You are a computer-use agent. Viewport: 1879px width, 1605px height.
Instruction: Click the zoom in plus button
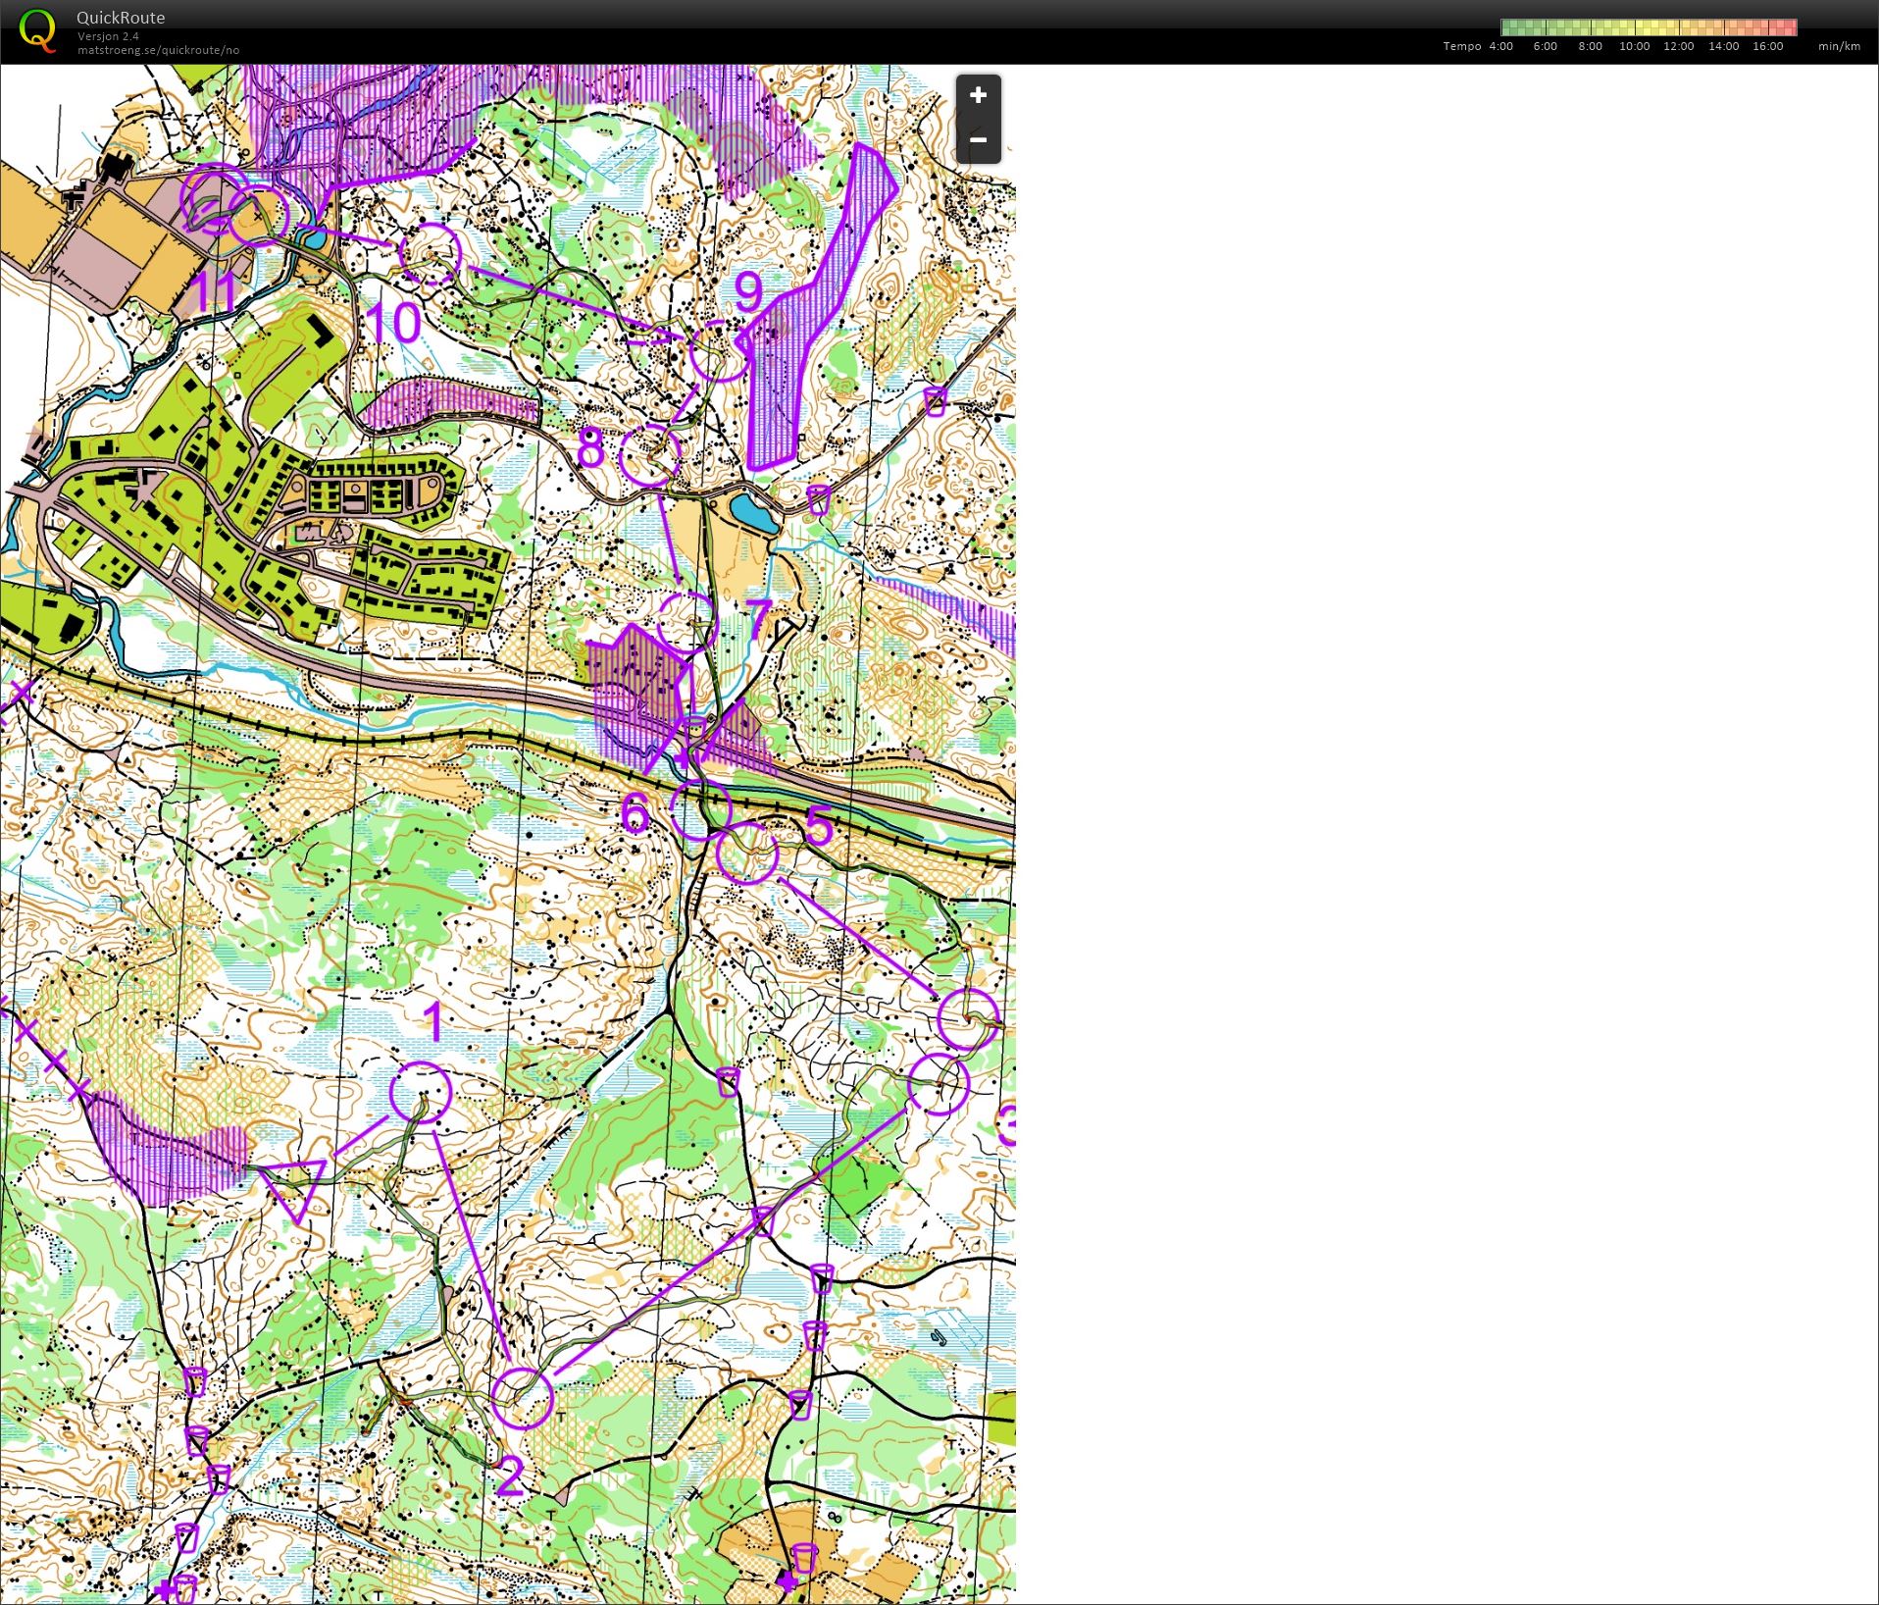(978, 95)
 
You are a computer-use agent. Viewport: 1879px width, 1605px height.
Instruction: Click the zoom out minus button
(978, 139)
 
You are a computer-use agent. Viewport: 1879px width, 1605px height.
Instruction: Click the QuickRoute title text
(121, 18)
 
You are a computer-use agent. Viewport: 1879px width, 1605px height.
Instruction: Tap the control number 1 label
(432, 1022)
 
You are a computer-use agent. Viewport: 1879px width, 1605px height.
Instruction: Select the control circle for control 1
(421, 1092)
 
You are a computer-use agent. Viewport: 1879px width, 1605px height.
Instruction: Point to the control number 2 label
(510, 1476)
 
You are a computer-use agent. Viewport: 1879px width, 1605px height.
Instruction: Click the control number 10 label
(393, 322)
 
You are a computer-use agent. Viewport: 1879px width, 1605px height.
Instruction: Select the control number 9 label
(747, 291)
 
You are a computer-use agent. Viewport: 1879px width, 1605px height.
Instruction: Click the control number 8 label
(590, 448)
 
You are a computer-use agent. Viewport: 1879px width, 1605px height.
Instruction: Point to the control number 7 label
(758, 620)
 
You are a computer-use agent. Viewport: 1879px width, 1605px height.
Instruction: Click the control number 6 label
(635, 813)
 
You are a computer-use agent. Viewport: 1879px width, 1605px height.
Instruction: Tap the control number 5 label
(818, 825)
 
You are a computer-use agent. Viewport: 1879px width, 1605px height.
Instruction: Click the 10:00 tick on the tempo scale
(1634, 46)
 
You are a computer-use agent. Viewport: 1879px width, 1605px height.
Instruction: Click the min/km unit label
(1839, 46)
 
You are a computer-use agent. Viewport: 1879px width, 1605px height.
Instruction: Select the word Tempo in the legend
(1462, 46)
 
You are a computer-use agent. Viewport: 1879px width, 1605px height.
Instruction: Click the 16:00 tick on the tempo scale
(1767, 46)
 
